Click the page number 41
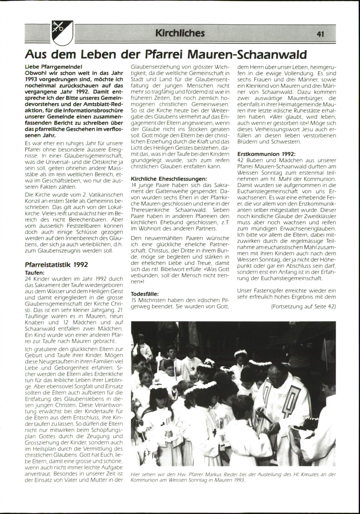tap(320, 34)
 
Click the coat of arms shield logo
tap(62, 32)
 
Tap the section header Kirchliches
tap(180, 33)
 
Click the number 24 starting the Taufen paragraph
tap(28, 279)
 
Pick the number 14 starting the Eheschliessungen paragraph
tap(134, 185)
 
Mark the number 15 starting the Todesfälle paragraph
tap(134, 299)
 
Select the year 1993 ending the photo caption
tap(239, 480)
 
